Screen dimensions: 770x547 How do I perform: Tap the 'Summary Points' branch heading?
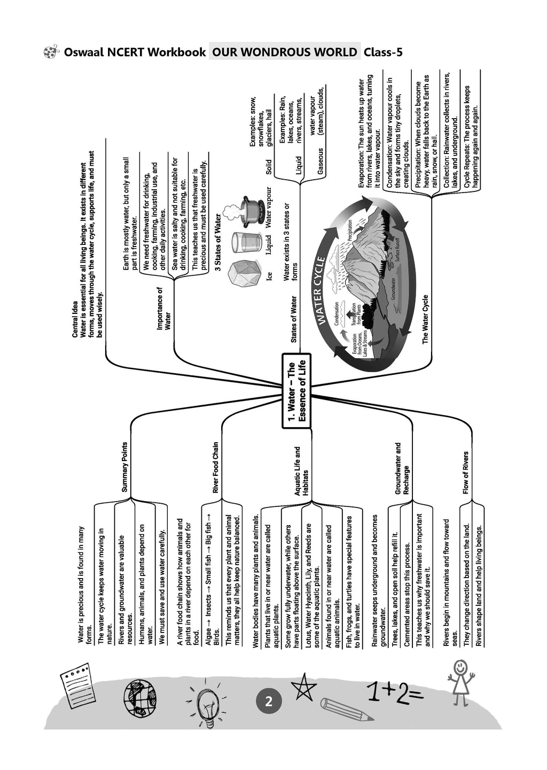tap(124, 467)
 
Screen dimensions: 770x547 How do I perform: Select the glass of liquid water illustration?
tap(242, 243)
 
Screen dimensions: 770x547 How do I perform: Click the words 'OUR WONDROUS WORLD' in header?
tap(285, 52)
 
